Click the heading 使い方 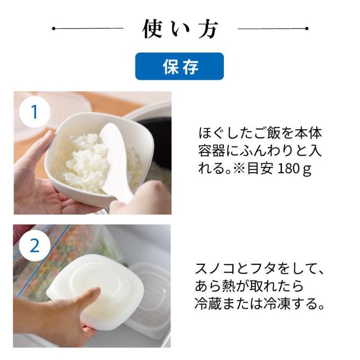[180, 29]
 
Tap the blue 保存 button [179, 66]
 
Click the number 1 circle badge [35, 112]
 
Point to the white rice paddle [115, 161]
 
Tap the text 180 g [295, 169]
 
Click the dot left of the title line [54, 29]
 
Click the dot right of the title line [307, 29]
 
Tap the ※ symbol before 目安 [240, 169]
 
